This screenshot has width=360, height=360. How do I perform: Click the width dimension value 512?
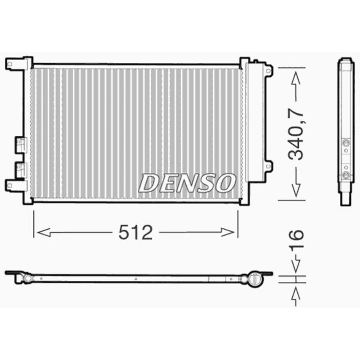(x=135, y=233)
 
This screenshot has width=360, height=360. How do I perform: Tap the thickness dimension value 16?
(x=297, y=242)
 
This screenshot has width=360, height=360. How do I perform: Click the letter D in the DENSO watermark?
(x=150, y=183)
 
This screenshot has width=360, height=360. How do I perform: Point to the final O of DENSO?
(x=225, y=183)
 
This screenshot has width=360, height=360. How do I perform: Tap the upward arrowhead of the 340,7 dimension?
(x=296, y=77)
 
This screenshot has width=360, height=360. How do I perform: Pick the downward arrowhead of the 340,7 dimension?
(x=296, y=190)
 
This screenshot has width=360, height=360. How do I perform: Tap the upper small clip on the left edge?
(x=20, y=144)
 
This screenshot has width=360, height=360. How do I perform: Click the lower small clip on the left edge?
(x=20, y=168)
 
